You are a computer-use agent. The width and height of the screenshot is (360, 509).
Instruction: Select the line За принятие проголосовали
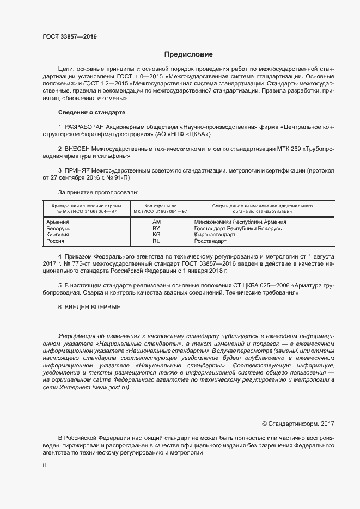98,192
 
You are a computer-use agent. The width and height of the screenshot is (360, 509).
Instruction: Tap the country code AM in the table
156,222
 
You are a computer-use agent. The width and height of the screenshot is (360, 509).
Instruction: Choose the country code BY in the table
156,228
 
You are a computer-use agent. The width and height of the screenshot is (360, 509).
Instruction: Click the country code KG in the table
156,234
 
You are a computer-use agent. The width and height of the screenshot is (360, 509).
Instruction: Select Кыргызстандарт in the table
215,234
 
